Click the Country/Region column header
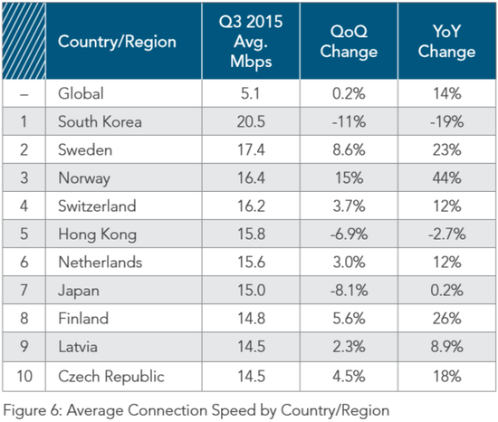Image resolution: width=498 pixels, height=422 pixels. point(117,42)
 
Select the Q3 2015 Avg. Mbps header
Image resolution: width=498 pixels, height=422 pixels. point(251,42)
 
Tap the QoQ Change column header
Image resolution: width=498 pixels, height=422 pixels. point(349,42)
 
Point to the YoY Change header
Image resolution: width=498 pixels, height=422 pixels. point(446,42)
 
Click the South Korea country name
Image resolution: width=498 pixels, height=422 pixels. point(100,121)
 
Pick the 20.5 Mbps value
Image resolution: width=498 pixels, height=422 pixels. point(251,121)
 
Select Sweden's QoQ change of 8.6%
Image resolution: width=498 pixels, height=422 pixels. point(349,149)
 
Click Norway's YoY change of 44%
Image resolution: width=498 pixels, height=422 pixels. point(446,177)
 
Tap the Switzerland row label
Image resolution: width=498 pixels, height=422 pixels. point(97,206)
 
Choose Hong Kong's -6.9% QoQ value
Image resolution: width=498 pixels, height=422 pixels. point(349,234)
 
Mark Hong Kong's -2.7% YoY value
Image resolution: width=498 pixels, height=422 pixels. point(446,234)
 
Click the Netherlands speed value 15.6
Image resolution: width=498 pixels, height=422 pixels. point(251,262)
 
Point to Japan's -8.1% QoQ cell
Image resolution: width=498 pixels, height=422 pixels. point(349,290)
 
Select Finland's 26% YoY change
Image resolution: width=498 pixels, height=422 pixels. point(446,318)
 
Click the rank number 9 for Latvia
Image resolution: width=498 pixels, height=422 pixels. point(24,347)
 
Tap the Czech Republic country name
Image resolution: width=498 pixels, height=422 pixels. point(111,377)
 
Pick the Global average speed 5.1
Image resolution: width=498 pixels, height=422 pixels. point(250,93)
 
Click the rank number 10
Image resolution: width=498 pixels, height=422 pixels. point(24,377)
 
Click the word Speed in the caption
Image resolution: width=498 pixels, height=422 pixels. point(234,410)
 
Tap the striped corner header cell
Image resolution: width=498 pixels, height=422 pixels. point(24,41)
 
